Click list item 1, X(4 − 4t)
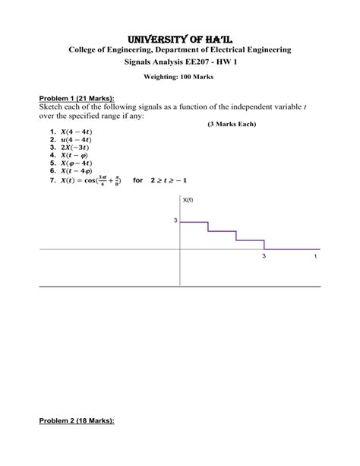(x=68, y=132)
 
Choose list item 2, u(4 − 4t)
(x=68, y=140)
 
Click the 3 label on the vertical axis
(x=175, y=220)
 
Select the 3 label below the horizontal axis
(x=264, y=257)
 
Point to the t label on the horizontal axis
(x=315, y=257)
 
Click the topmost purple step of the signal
(x=194, y=222)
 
